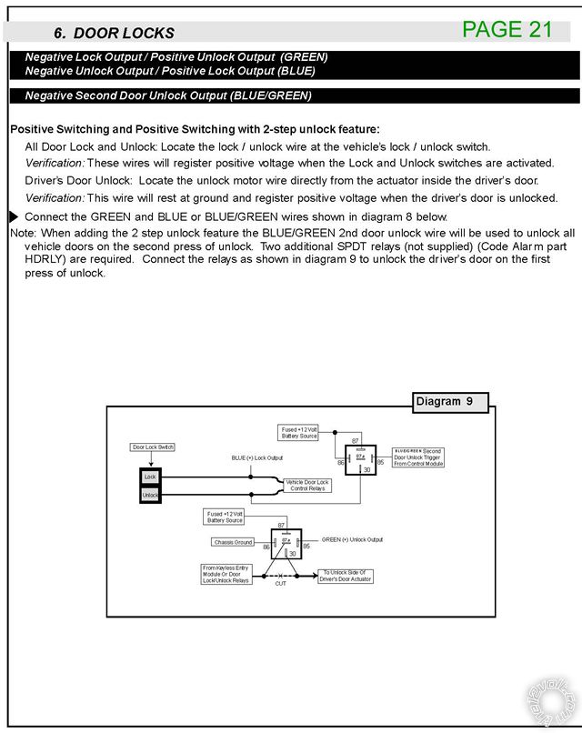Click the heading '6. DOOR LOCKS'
click(114, 33)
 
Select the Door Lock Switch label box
click(153, 447)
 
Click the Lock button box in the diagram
click(150, 477)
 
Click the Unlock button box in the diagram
click(150, 495)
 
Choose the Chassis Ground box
click(235, 542)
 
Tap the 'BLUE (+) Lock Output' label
click(257, 457)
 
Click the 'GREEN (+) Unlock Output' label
click(352, 538)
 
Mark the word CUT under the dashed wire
click(280, 583)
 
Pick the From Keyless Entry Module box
click(226, 575)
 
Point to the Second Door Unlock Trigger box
click(419, 457)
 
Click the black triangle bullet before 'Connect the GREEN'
click(14, 216)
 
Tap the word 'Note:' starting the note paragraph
click(22, 234)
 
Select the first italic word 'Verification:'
click(55, 163)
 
